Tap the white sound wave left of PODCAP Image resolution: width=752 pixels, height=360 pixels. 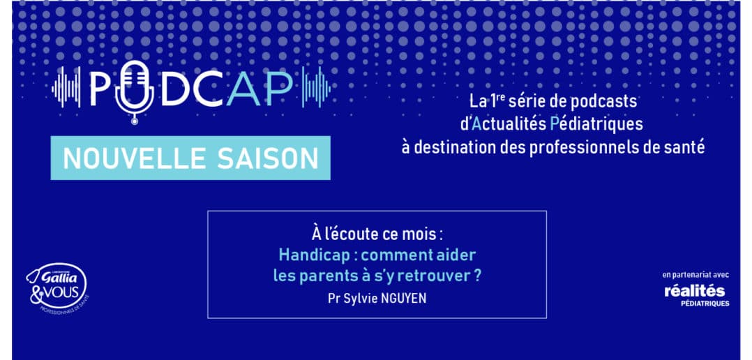66,87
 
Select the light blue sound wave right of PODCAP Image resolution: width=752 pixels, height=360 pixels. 316,87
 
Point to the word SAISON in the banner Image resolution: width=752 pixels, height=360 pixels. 268,158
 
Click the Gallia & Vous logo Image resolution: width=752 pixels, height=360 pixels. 57,287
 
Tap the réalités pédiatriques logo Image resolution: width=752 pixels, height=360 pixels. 697,294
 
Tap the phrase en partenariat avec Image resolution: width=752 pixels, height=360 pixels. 695,275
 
